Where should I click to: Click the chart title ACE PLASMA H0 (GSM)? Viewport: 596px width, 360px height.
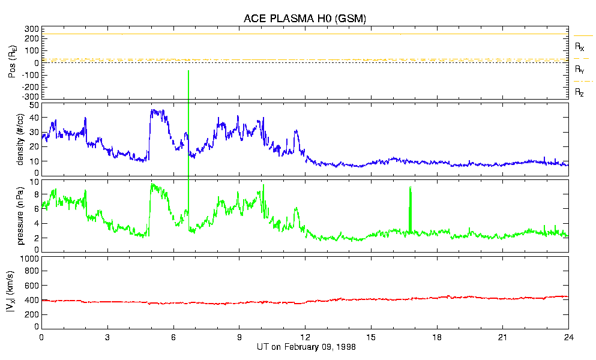click(304, 19)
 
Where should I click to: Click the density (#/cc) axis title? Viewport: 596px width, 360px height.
click(20, 139)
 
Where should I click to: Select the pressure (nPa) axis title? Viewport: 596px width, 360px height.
click(20, 216)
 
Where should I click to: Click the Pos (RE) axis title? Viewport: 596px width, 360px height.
click(20, 63)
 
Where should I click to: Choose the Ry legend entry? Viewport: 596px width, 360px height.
click(579, 70)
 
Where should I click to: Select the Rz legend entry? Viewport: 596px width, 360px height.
click(579, 92)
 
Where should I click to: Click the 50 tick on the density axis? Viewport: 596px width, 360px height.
click(34, 105)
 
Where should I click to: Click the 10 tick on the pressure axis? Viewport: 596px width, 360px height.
click(34, 181)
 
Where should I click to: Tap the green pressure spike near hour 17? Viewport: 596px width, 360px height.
click(411, 207)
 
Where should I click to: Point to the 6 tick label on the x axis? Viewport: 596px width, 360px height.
click(173, 337)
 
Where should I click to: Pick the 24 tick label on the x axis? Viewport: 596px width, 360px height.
click(568, 337)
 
